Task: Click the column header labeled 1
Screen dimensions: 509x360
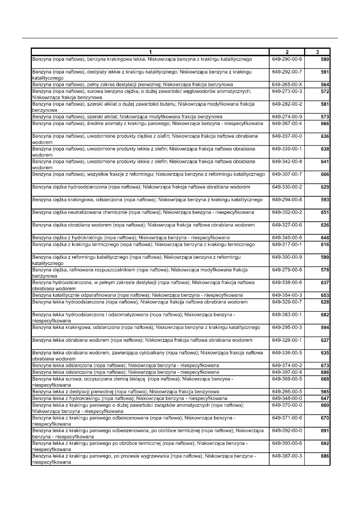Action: [x=150, y=52]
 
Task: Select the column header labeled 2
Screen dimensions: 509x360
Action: [x=287, y=52]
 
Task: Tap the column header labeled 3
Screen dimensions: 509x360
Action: [x=317, y=52]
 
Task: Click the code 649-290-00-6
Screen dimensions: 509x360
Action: [x=287, y=59]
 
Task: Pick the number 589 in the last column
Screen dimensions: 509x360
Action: [x=325, y=60]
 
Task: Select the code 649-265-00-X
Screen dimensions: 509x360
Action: [x=287, y=84]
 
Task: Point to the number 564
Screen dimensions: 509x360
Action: [x=325, y=85]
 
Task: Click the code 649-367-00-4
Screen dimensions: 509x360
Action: [x=287, y=123]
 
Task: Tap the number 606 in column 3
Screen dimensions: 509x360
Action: [x=325, y=175]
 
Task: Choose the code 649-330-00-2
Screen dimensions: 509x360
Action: [x=287, y=187]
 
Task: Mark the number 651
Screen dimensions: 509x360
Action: [x=325, y=212]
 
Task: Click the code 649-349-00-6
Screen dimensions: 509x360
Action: [x=287, y=237]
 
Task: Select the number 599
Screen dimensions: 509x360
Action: [x=325, y=257]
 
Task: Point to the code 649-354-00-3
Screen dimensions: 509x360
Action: [x=287, y=295]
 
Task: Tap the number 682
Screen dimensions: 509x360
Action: [x=325, y=315]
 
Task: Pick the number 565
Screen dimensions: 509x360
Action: [x=325, y=392]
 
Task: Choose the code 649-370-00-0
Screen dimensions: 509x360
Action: [x=287, y=405]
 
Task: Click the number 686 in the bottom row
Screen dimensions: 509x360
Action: [x=325, y=456]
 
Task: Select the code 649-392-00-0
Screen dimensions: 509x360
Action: [x=287, y=430]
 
